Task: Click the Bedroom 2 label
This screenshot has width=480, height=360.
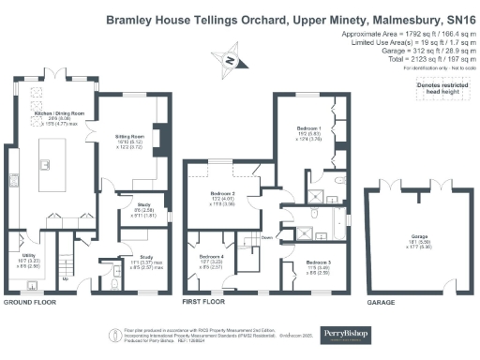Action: point(222,194)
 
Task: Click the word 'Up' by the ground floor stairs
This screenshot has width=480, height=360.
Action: point(65,278)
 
